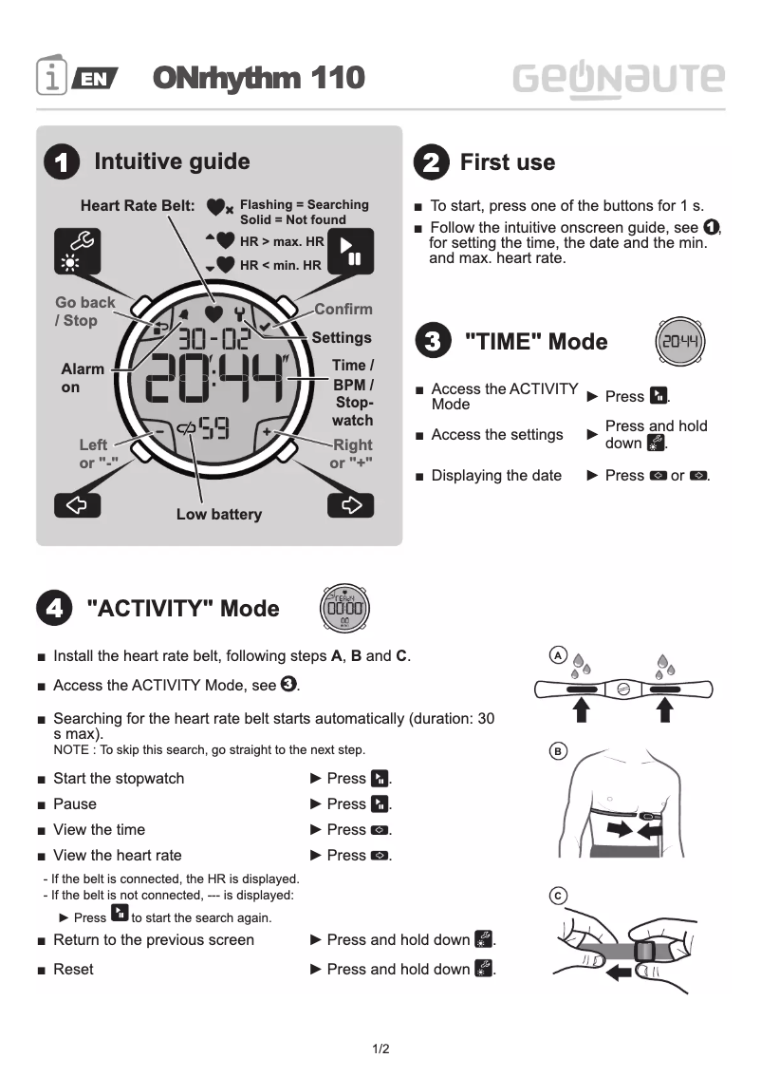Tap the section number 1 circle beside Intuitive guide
pos(62,163)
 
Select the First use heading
pos(507,162)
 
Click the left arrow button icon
pos(77,504)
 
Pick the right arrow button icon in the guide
pos(350,504)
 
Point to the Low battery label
pos(219,515)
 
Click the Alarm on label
pos(84,378)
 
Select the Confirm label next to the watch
pos(343,309)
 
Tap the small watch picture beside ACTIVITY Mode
pos(343,608)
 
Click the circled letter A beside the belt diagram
pos(559,656)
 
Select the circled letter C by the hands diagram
pos(559,896)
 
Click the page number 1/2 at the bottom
pos(380,1049)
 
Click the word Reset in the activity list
pos(73,969)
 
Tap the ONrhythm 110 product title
pos(258,78)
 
